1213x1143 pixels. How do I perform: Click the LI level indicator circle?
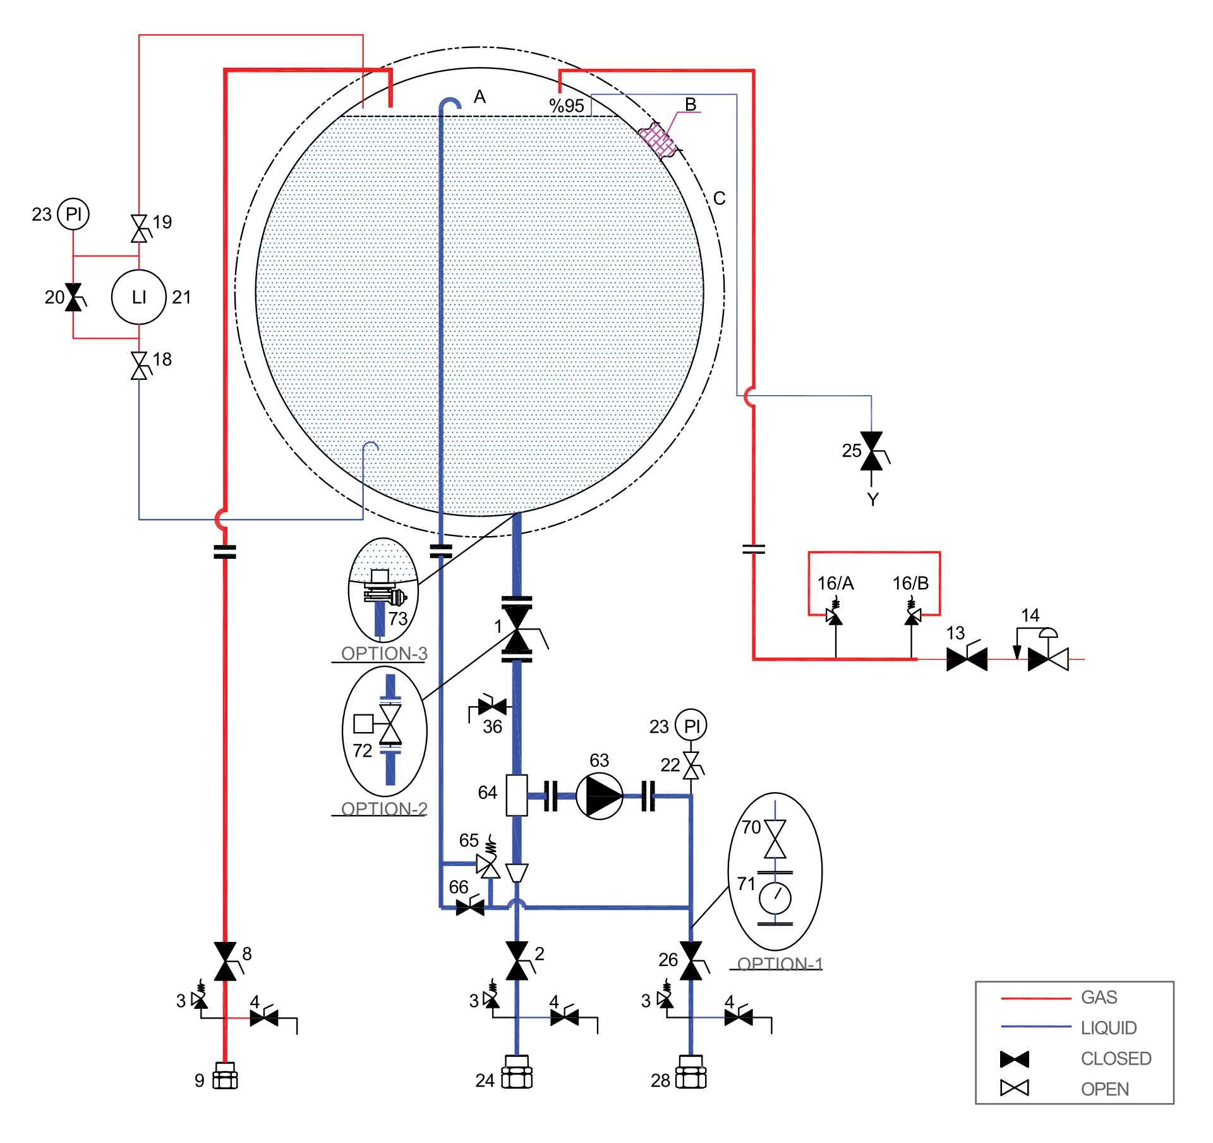pyautogui.click(x=138, y=297)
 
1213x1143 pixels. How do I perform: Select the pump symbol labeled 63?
pyautogui.click(x=599, y=796)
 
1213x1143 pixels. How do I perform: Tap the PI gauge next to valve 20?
pyautogui.click(x=73, y=214)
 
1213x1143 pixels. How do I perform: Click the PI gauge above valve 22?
pyautogui.click(x=691, y=725)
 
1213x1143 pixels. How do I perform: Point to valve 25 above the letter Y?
pyautogui.click(x=872, y=451)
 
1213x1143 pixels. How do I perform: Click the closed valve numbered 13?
pyautogui.click(x=967, y=658)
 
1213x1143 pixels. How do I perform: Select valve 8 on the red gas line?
pyautogui.click(x=226, y=961)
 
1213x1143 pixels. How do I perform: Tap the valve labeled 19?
pyautogui.click(x=139, y=228)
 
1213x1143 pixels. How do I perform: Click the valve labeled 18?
pyautogui.click(x=139, y=366)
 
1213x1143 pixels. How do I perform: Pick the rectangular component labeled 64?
pyautogui.click(x=517, y=795)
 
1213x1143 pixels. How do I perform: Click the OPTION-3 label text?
pyautogui.click(x=384, y=653)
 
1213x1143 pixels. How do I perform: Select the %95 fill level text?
pyautogui.click(x=567, y=106)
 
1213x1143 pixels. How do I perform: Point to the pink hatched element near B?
pyautogui.click(x=658, y=140)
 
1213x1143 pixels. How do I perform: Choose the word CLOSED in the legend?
pyautogui.click(x=1116, y=1058)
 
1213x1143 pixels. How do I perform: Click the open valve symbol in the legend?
pyautogui.click(x=1015, y=1088)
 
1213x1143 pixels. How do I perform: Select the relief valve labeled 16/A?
pyautogui.click(x=835, y=614)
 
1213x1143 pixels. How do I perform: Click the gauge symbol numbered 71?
pyautogui.click(x=775, y=898)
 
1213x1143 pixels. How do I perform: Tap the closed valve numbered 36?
pyautogui.click(x=492, y=706)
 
